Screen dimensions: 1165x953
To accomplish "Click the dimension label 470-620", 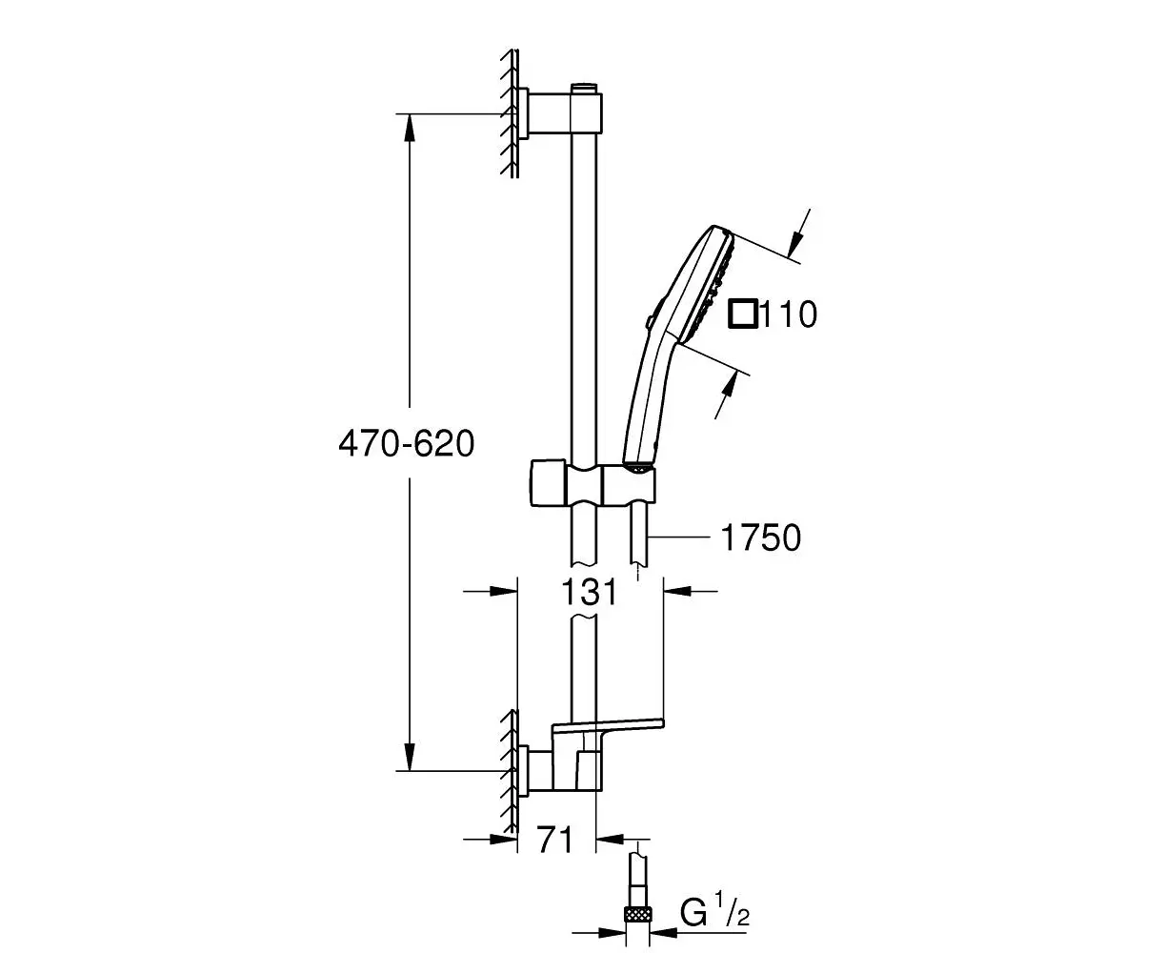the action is (x=406, y=443).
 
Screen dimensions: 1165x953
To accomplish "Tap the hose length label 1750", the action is (x=761, y=537).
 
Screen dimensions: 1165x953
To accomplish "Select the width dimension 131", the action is (x=589, y=592).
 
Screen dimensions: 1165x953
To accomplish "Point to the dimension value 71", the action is (x=555, y=841).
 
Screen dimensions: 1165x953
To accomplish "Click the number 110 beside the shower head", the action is (x=789, y=314).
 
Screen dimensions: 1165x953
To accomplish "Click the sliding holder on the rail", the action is (x=593, y=485).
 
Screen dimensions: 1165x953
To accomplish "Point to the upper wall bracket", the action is (x=562, y=113).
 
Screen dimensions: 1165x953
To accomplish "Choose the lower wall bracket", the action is (x=562, y=771).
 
